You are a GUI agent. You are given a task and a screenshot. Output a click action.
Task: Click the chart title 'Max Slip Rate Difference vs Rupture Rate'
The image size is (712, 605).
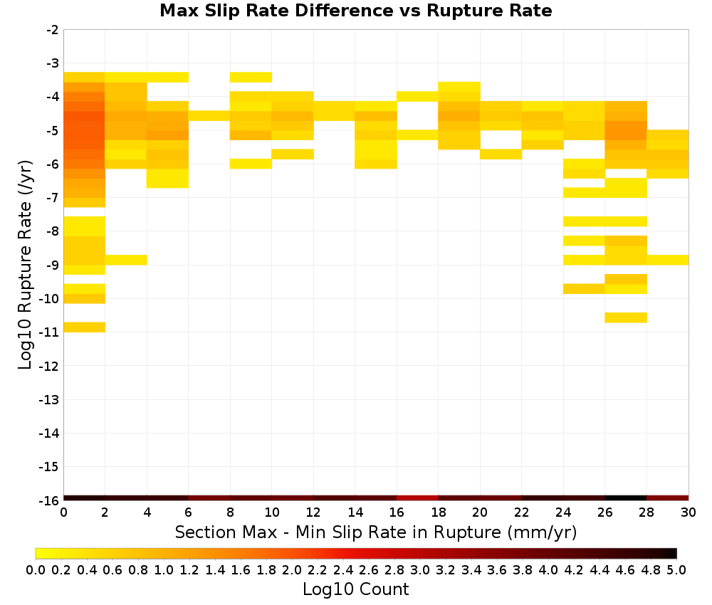(355, 10)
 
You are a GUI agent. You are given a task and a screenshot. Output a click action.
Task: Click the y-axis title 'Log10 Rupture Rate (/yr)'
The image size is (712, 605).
(25, 265)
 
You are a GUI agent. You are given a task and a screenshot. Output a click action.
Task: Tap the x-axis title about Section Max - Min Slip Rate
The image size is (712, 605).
(375, 532)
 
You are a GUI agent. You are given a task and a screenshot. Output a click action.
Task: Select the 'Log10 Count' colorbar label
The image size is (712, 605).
(355, 589)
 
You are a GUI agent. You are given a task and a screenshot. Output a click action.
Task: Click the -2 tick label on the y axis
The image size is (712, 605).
(53, 30)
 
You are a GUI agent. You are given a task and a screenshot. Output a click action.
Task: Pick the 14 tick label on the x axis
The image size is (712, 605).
(355, 512)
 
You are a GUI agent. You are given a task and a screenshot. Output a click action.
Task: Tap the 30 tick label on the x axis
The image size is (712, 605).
(689, 512)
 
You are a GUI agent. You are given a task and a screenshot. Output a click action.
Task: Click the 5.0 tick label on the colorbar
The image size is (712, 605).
(676, 569)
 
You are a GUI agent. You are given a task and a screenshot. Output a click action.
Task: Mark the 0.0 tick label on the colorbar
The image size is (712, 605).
(36, 569)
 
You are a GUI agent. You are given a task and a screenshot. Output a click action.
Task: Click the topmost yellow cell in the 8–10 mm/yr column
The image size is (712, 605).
(251, 77)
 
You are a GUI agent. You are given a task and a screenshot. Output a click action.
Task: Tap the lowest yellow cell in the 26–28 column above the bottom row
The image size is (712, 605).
(626, 317)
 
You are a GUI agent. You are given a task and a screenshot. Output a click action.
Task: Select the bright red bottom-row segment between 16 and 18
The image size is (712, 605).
(417, 498)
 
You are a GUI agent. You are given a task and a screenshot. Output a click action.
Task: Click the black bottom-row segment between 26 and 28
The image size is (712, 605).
(626, 498)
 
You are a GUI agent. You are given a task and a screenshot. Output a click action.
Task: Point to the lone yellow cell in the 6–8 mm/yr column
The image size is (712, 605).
(209, 116)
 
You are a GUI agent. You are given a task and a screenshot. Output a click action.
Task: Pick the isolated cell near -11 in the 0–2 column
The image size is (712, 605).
(85, 327)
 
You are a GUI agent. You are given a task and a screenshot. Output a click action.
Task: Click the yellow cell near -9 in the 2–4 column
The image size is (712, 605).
(126, 260)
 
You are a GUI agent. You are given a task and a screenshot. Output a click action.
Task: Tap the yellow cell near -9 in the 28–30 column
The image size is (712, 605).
(668, 260)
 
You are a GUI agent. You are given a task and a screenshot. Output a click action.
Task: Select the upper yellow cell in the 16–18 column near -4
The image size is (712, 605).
(417, 96)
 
